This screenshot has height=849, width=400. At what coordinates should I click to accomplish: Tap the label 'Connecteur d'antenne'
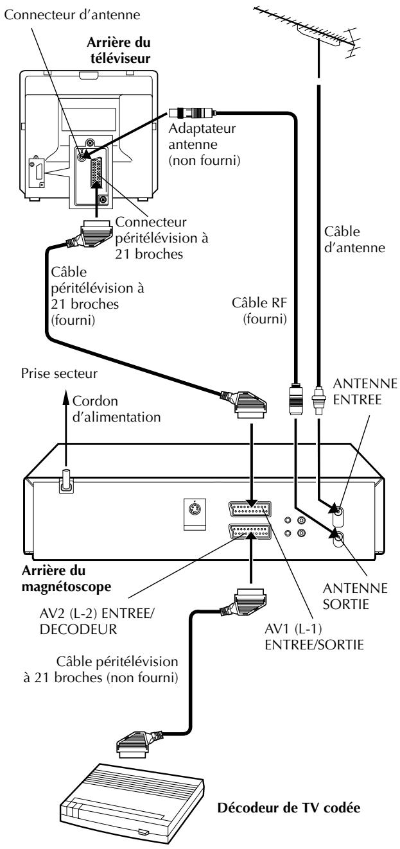72,15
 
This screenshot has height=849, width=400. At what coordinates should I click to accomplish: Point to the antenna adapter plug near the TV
192,112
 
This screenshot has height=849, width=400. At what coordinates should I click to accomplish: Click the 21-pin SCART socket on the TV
97,173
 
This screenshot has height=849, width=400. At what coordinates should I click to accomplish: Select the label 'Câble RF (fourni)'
259,311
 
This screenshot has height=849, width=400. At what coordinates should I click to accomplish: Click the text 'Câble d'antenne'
354,239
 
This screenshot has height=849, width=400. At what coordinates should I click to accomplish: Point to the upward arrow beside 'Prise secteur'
66,428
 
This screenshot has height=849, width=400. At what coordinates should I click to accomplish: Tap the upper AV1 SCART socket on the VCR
250,509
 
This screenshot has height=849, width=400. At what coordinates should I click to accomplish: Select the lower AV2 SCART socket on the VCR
250,531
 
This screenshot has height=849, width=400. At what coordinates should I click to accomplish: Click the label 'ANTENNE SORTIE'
355,596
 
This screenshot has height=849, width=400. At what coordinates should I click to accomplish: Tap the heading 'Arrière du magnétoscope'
66,578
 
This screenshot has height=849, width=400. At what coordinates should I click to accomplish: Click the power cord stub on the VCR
66,480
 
